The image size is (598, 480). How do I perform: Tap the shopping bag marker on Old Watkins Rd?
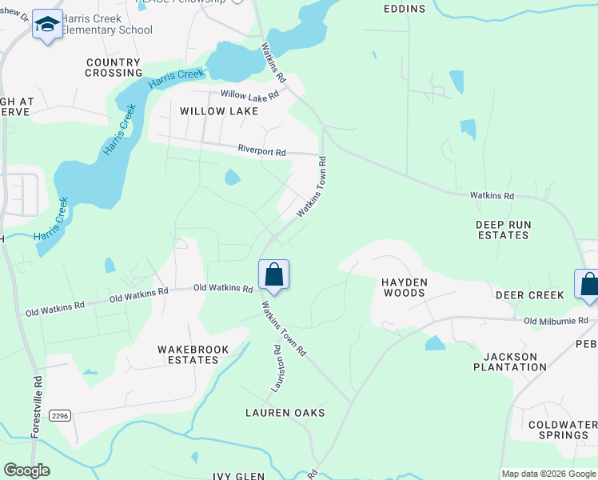[x=273, y=275]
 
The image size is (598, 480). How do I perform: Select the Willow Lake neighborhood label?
[x=219, y=111]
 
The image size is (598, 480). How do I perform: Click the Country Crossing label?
[x=114, y=68]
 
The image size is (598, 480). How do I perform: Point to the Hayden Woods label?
[x=404, y=287]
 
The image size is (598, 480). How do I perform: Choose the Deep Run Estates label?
[x=503, y=230]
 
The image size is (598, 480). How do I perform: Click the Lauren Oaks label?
[x=285, y=413]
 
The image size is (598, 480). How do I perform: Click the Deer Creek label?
[x=529, y=295]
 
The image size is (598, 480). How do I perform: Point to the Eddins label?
[x=404, y=9]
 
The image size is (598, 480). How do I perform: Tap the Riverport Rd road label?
[x=261, y=149]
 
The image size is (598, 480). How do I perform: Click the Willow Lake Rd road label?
[x=249, y=94]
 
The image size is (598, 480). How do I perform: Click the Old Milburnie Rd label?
[x=554, y=322]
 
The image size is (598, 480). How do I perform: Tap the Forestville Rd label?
[x=37, y=406]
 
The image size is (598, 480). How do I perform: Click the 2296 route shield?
[x=59, y=416]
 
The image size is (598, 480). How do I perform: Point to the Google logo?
[x=26, y=470]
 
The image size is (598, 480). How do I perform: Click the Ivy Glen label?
[x=238, y=476]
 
